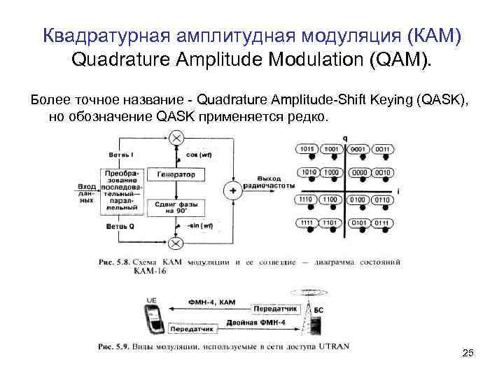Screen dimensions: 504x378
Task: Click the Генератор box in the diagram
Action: coord(176,173)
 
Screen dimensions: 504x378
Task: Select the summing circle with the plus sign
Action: coord(232,190)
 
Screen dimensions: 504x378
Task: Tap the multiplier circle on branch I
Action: coord(176,136)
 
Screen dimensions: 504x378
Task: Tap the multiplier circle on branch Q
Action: coord(176,243)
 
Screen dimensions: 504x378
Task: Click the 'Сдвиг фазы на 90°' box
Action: coord(176,207)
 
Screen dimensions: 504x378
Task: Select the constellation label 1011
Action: coord(308,149)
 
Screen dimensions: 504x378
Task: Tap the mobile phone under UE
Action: coord(157,319)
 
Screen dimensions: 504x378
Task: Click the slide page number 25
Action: coord(468,353)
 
